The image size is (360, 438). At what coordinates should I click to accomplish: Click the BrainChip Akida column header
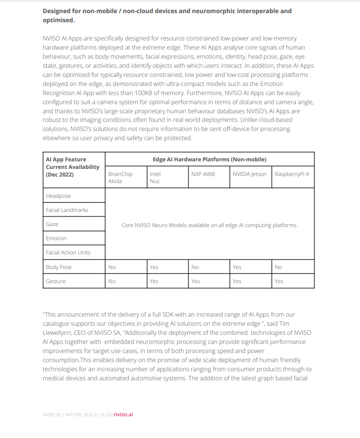point(120,178)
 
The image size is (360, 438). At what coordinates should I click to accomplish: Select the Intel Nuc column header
point(155,178)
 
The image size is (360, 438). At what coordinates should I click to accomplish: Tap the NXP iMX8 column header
point(203,174)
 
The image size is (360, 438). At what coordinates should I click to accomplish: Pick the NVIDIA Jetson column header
point(249,174)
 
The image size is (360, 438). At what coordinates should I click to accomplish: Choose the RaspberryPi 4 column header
point(292,174)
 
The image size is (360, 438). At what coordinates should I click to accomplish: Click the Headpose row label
point(58,196)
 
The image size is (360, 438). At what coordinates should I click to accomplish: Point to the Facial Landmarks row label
point(67,210)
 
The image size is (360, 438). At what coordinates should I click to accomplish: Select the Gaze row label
point(52,224)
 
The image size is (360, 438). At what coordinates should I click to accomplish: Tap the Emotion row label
point(56,238)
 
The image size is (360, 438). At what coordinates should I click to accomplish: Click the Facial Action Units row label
point(68,252)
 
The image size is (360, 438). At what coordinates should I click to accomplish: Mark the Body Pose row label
point(59,267)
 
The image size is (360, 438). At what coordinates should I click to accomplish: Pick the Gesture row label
point(56,281)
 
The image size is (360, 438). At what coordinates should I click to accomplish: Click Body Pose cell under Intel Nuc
point(154,267)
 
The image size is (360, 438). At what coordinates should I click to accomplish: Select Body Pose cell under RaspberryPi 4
point(278,267)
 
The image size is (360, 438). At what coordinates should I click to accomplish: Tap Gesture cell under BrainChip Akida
point(112,281)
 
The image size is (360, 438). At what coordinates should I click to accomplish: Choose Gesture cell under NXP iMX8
point(195,281)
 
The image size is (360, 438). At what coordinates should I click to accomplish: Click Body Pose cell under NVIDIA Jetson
point(237,267)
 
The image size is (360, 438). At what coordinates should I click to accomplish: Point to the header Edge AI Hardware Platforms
point(210,159)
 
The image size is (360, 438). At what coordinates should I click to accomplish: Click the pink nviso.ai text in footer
point(123,414)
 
